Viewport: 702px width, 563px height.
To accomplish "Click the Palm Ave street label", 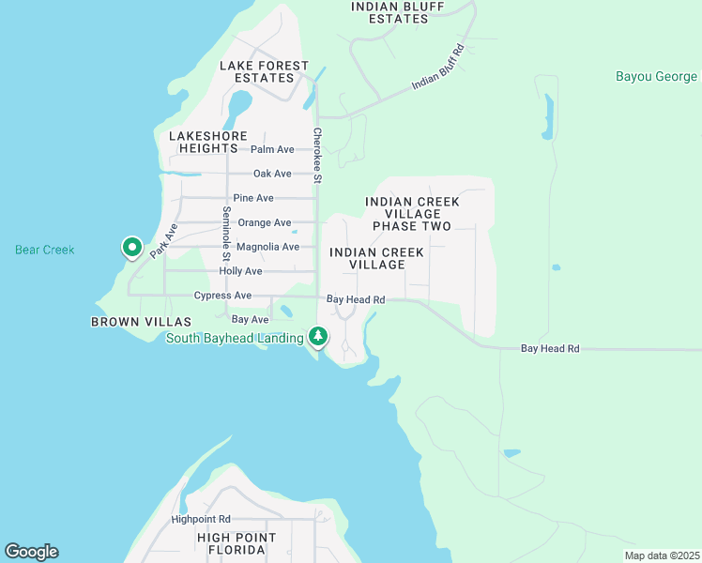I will point(272,149).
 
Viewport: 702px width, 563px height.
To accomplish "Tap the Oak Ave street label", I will point(272,174).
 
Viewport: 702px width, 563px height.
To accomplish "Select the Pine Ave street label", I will point(253,198).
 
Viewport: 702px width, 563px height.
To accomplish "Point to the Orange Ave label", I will point(265,222).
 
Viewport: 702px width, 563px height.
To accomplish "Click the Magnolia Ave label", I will point(267,247).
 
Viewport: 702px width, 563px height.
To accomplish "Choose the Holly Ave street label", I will point(240,271).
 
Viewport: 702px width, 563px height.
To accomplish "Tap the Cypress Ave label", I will point(222,296).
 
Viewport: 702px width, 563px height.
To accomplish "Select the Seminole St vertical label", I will point(226,234).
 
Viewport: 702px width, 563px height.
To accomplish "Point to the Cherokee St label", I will point(317,156).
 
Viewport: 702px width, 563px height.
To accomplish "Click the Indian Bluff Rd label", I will point(438,68).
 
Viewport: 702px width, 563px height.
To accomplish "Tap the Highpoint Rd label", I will point(201,519).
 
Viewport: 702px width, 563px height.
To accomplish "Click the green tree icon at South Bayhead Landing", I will point(318,336).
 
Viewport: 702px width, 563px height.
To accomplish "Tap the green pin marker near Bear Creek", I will point(132,248).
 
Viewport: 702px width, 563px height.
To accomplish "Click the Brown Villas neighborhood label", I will point(128,322).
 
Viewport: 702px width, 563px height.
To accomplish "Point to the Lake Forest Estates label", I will point(264,71).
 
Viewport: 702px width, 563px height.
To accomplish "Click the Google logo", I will point(31,552).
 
